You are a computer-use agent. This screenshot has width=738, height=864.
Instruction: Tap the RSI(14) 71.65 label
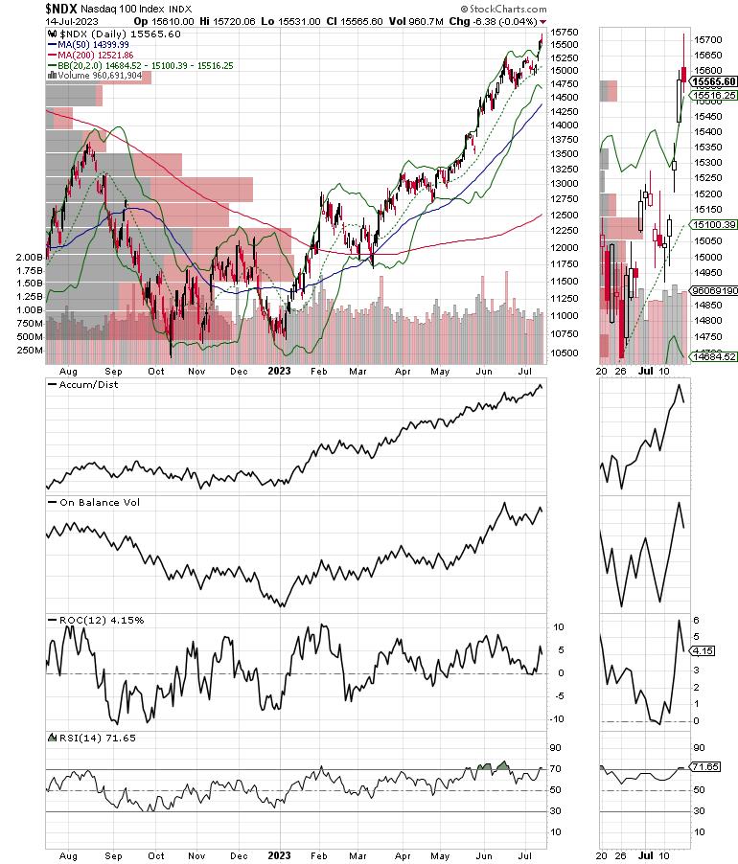pos(93,738)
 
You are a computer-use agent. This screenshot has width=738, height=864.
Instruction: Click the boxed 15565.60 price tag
pos(713,82)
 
